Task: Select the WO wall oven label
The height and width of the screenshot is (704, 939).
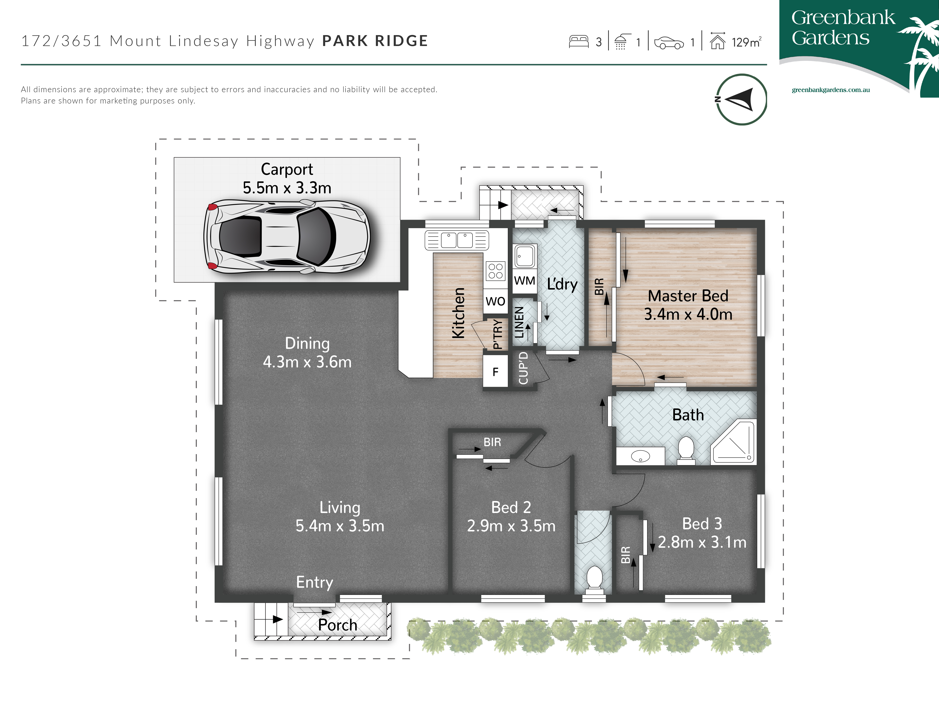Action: tap(495, 301)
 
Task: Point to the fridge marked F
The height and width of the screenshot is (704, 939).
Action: tap(495, 372)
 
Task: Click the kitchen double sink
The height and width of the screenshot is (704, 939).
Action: tap(457, 240)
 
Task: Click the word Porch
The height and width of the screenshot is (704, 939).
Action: tap(337, 625)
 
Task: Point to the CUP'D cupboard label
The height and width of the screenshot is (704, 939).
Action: tap(523, 368)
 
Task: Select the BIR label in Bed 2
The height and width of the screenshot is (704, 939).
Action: tap(492, 442)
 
